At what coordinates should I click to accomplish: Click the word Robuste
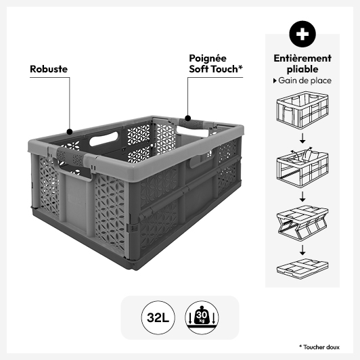pyautogui.click(x=49, y=69)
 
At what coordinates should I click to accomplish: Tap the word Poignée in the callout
pyautogui.click(x=208, y=59)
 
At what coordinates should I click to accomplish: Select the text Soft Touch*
pyautogui.click(x=216, y=69)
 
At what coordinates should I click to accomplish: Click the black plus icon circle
pyautogui.click(x=302, y=34)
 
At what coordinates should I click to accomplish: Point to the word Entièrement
pyautogui.click(x=302, y=58)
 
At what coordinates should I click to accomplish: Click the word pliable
pyautogui.click(x=302, y=69)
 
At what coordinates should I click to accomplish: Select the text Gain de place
pyautogui.click(x=305, y=81)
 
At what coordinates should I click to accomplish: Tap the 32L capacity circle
pyautogui.click(x=158, y=318)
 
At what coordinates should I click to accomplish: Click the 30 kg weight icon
pyautogui.click(x=202, y=318)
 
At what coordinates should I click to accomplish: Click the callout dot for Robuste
pyautogui.click(x=70, y=132)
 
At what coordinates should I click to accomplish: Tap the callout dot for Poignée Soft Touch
pyautogui.click(x=188, y=118)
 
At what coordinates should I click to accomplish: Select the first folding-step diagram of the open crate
pyautogui.click(x=302, y=110)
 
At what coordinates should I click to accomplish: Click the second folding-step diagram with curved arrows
pyautogui.click(x=302, y=168)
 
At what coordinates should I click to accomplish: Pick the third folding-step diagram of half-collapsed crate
pyautogui.click(x=302, y=223)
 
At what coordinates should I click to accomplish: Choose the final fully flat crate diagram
pyautogui.click(x=302, y=269)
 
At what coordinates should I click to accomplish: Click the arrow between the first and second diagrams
pyautogui.click(x=302, y=138)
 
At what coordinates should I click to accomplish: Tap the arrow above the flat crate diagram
pyautogui.click(x=302, y=250)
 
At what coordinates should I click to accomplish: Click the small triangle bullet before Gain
pyautogui.click(x=275, y=81)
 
